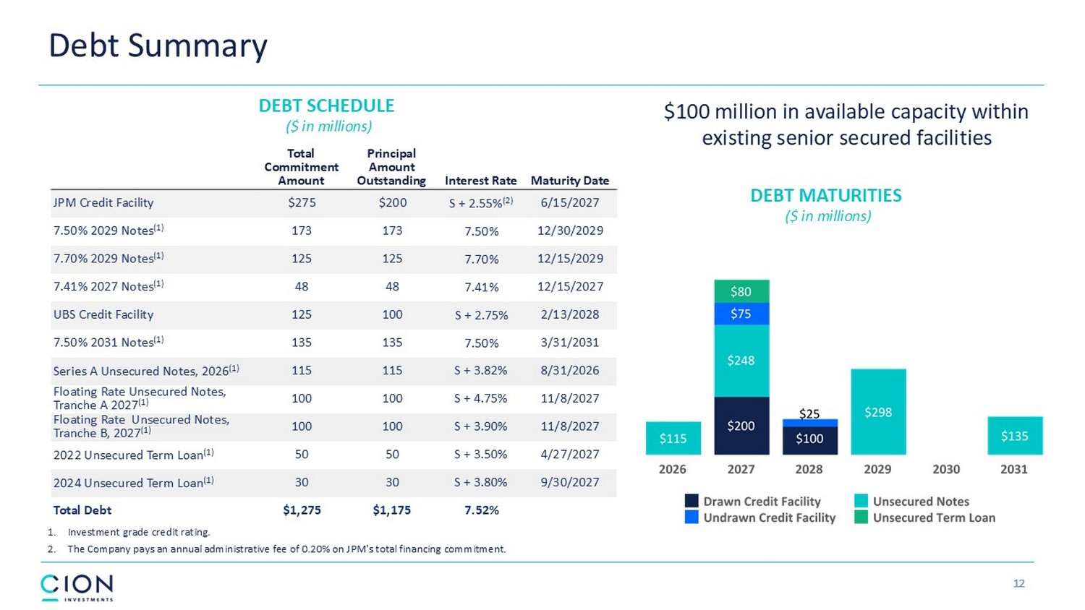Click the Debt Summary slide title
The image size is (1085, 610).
tap(158, 46)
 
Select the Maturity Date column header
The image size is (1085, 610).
tap(570, 181)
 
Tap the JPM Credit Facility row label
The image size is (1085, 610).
tap(103, 202)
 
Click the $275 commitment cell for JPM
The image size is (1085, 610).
tap(302, 202)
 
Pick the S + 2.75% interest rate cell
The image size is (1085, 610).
tap(481, 315)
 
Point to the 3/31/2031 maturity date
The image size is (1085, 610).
tap(570, 343)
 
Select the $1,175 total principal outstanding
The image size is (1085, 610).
tap(391, 510)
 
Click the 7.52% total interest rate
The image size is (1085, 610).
tap(482, 510)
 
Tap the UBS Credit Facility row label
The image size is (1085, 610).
tap(103, 314)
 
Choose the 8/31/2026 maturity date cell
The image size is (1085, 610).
tap(570, 370)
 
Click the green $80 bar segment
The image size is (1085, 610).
tap(741, 291)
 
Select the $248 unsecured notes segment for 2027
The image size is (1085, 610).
tap(741, 361)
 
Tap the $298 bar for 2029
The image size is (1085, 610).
tap(878, 412)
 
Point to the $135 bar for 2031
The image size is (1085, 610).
tap(1015, 436)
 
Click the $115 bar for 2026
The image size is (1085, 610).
tap(673, 438)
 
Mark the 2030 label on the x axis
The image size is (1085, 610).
tap(946, 469)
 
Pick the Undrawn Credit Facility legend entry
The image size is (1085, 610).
tap(760, 517)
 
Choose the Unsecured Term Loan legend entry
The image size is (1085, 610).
tap(924, 517)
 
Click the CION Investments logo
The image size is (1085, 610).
tap(77, 588)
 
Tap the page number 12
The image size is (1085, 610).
tap(1018, 583)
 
